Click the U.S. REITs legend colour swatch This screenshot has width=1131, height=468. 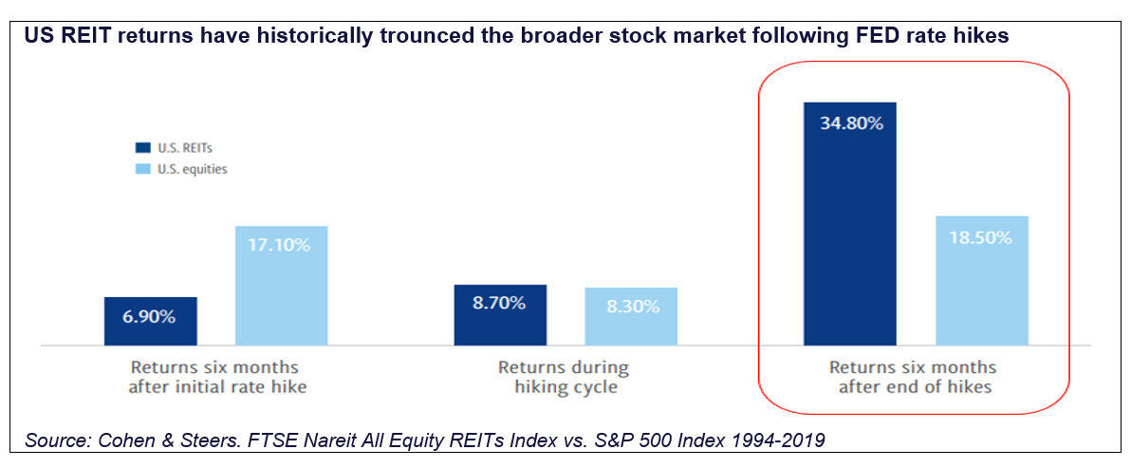pyautogui.click(x=141, y=147)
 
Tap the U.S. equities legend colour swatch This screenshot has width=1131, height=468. pyautogui.click(x=141, y=169)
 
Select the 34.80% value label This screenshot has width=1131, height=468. pyautogui.click(x=849, y=122)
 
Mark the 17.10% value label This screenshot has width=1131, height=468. pyautogui.click(x=281, y=245)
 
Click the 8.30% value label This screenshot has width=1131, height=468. pyautogui.click(x=631, y=307)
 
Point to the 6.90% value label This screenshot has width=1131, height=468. pyautogui.click(x=150, y=316)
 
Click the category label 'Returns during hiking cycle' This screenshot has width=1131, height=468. pyautogui.click(x=564, y=376)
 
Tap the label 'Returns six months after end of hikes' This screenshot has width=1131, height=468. pyautogui.click(x=913, y=376)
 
